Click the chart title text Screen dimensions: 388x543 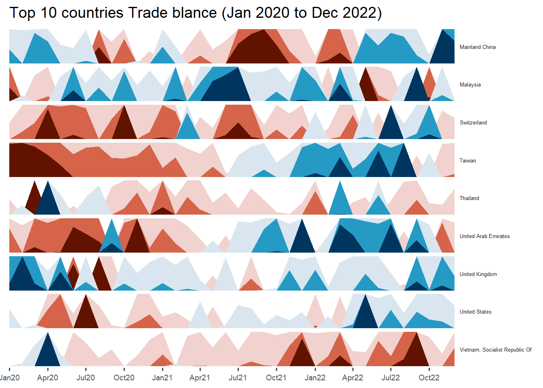point(196,13)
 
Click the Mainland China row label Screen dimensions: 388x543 point(478,47)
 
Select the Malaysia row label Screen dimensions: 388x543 point(470,85)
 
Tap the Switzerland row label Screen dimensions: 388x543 point(473,123)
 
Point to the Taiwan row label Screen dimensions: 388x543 point(467,161)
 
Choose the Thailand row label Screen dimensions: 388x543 point(469,198)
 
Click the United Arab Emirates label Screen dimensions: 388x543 point(484,236)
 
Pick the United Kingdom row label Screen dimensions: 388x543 point(478,274)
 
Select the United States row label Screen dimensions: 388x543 point(476,312)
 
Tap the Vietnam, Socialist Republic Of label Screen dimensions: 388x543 point(495,350)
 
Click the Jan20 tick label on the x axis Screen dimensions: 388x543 point(10,378)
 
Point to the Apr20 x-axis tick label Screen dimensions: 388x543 point(48,378)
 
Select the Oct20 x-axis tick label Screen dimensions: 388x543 point(124,378)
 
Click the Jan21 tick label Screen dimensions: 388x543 point(162,378)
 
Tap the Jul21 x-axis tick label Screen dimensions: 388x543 point(238,378)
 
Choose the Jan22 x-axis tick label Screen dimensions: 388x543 point(315,378)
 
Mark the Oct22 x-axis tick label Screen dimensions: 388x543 point(429,378)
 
